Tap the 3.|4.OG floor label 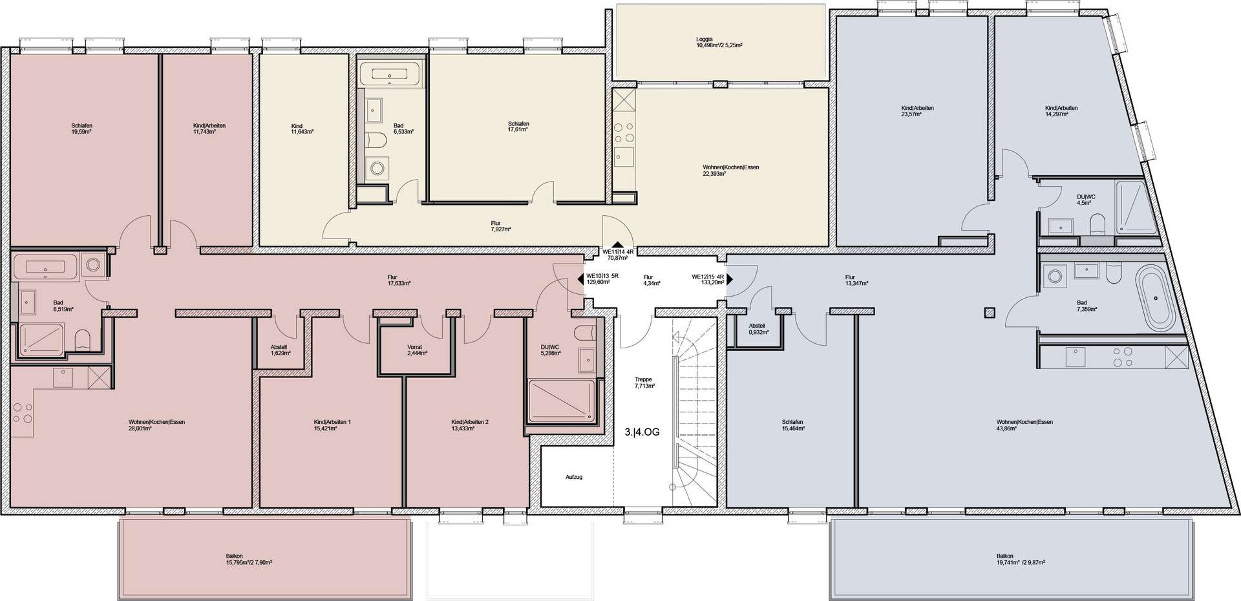click(x=642, y=432)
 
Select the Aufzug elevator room click(x=574, y=477)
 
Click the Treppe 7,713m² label click(x=644, y=383)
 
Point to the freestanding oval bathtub click(x=1155, y=299)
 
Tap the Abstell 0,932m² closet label click(x=758, y=329)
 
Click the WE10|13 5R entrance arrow click(x=580, y=279)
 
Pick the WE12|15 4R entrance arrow click(x=729, y=279)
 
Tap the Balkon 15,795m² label click(x=248, y=559)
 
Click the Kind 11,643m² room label click(x=302, y=129)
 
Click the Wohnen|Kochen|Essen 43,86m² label click(x=1024, y=425)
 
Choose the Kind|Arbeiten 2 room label click(x=469, y=425)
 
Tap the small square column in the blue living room click(x=989, y=313)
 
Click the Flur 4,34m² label click(x=651, y=280)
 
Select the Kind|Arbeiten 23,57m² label click(x=917, y=111)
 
